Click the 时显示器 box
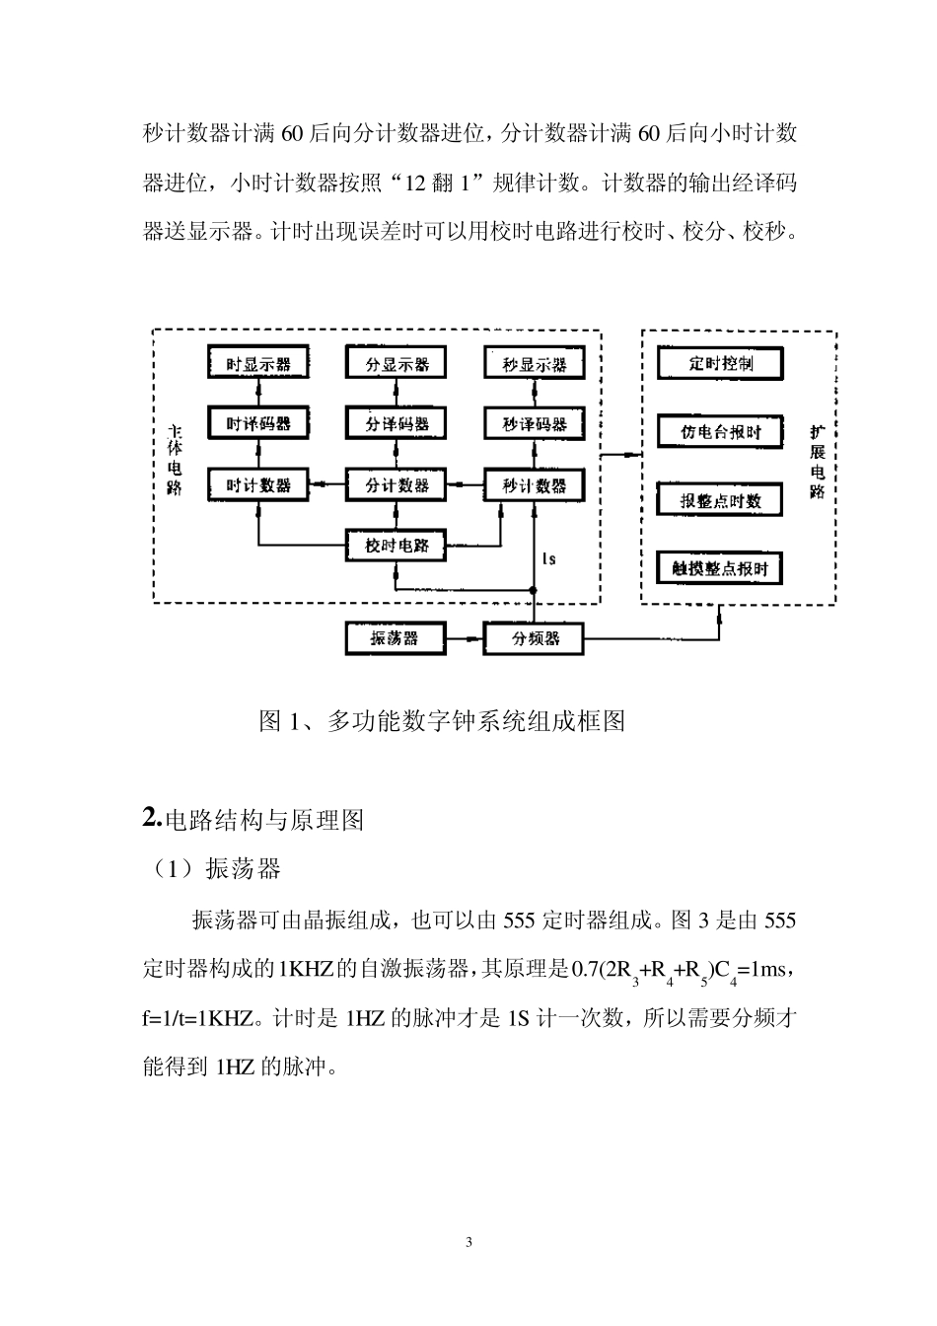pyautogui.click(x=258, y=364)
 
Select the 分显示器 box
pyautogui.click(x=396, y=364)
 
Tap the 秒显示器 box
pyautogui.click(x=534, y=364)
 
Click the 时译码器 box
pyautogui.click(x=258, y=424)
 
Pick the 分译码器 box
pyautogui.click(x=396, y=424)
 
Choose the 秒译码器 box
pyautogui.click(x=534, y=424)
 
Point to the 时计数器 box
pyautogui.click(x=258, y=485)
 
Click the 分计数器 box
pyautogui.click(x=396, y=485)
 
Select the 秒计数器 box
pyautogui.click(x=534, y=485)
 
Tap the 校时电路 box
pyautogui.click(x=396, y=546)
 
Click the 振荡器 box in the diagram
pyautogui.click(x=394, y=638)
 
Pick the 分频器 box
pyautogui.click(x=534, y=638)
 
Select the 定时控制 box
pyautogui.click(x=720, y=363)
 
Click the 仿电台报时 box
pyautogui.click(x=720, y=432)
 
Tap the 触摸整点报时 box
pyautogui.click(x=720, y=569)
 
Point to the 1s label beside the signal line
pyautogui.click(x=549, y=559)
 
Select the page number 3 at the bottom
pyautogui.click(x=468, y=1242)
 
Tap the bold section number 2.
pyautogui.click(x=151, y=818)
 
